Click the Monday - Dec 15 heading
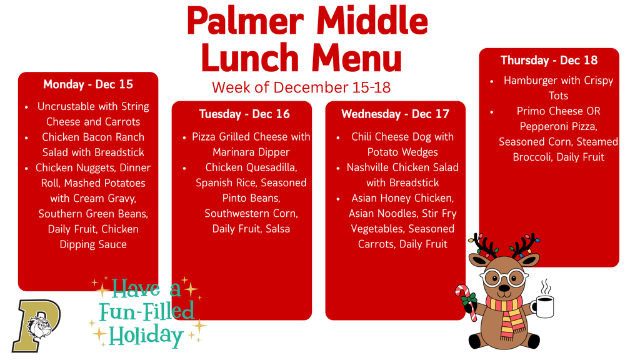[x=87, y=84]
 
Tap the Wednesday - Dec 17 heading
[x=395, y=114]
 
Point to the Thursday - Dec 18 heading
[x=549, y=60]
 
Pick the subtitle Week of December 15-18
[x=301, y=87]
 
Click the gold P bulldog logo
[x=36, y=325]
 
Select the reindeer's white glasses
[x=504, y=277]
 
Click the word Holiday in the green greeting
[x=146, y=336]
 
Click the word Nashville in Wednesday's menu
[x=369, y=167]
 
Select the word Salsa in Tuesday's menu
[x=277, y=229]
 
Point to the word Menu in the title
[x=357, y=58]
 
